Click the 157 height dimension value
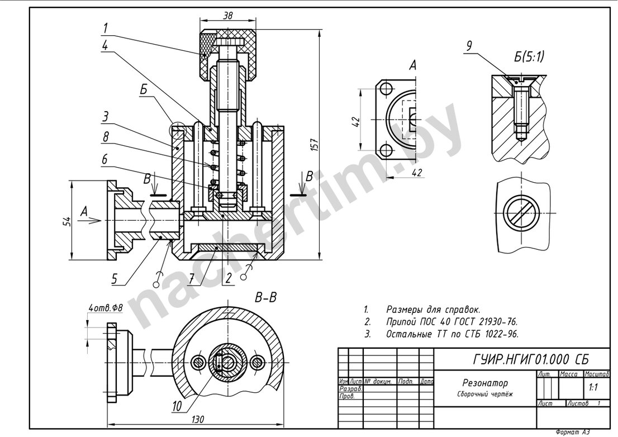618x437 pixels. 314,145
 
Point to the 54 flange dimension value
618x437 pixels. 66,221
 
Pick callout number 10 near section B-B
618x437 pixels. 177,407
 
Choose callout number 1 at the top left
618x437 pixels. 105,26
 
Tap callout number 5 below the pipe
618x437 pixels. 114,278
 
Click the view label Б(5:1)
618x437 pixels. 528,56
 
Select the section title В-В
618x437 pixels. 265,298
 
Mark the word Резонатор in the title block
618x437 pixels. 485,383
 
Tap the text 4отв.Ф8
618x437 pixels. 105,307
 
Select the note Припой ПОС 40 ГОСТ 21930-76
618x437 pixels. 451,322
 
